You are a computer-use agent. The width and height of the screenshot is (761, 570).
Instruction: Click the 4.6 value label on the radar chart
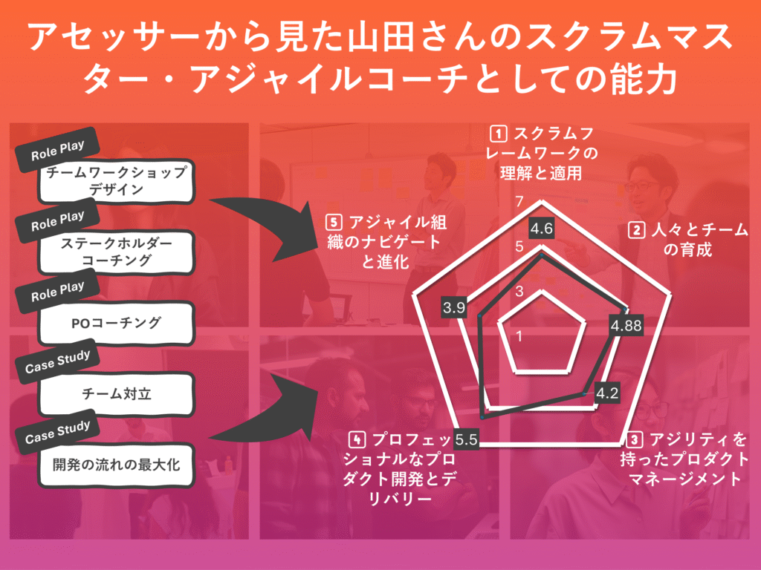click(541, 229)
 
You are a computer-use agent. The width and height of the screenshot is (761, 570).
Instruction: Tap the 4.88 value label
click(626, 325)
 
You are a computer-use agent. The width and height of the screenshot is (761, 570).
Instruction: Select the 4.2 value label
click(607, 393)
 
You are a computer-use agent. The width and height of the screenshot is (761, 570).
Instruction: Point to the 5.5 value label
click(466, 439)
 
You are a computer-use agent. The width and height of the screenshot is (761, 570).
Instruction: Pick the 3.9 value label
click(454, 307)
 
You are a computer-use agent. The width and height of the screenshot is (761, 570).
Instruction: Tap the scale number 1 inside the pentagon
click(519, 335)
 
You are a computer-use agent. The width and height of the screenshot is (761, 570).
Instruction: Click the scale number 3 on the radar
click(519, 291)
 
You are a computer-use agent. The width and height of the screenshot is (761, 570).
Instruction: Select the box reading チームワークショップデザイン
click(117, 181)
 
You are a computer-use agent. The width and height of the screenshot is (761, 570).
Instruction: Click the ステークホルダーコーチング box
click(117, 252)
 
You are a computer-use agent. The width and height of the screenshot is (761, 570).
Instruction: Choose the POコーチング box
click(117, 323)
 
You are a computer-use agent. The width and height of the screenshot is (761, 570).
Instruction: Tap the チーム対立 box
click(117, 393)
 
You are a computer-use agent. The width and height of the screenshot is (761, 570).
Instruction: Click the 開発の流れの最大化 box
click(117, 465)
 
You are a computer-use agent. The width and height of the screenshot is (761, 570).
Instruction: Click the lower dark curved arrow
click(267, 417)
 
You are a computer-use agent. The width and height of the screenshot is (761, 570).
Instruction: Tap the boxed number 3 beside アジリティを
click(635, 440)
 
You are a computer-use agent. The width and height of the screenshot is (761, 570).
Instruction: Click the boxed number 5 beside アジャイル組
click(334, 223)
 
